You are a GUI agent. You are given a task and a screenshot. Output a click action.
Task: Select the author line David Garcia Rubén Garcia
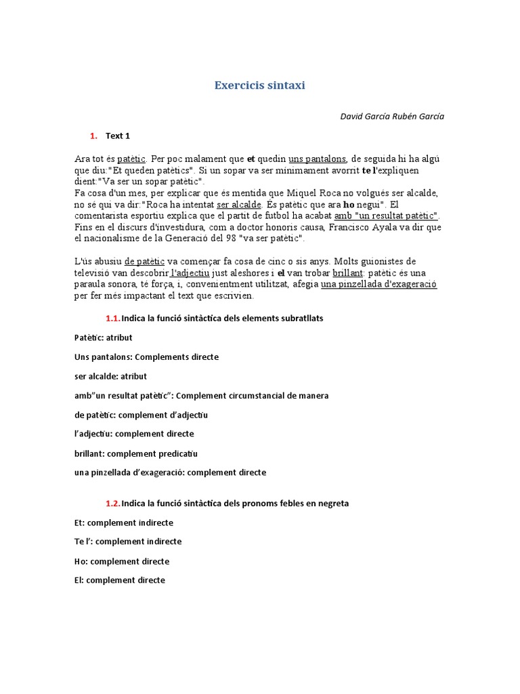[392, 116]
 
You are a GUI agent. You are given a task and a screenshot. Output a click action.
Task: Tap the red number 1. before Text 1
[93, 136]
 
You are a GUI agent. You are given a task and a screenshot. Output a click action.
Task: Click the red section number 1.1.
[112, 319]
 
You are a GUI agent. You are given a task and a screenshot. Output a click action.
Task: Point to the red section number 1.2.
[112, 504]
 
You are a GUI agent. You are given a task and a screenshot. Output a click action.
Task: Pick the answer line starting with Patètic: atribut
[103, 338]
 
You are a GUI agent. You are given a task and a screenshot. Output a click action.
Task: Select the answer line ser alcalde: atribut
[110, 376]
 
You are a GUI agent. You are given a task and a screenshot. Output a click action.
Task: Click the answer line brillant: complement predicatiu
[135, 453]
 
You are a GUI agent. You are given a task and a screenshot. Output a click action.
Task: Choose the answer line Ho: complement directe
[121, 561]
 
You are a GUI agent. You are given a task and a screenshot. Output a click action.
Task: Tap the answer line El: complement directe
[119, 580]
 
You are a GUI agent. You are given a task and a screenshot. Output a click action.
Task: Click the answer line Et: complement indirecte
[123, 523]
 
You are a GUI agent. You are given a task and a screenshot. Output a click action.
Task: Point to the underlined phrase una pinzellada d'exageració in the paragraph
[378, 285]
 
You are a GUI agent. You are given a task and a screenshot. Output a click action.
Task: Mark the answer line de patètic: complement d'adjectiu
[141, 415]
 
